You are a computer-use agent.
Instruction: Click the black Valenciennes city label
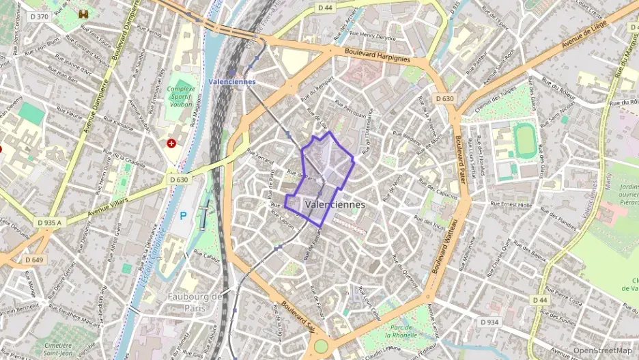click(335, 204)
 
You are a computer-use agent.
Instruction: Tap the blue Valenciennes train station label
click(232, 81)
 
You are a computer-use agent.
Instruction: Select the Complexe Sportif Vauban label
click(182, 98)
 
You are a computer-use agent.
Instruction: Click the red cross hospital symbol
click(171, 143)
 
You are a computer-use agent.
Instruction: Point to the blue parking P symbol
click(183, 215)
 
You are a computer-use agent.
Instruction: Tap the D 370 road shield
click(39, 16)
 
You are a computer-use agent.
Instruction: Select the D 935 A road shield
click(49, 223)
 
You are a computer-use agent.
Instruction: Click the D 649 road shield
click(33, 260)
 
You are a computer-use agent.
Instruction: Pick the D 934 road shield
click(489, 322)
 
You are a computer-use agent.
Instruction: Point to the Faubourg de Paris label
click(195, 301)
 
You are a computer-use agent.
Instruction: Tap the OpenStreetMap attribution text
click(603, 350)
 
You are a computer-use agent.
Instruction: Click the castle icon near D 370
click(84, 14)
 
